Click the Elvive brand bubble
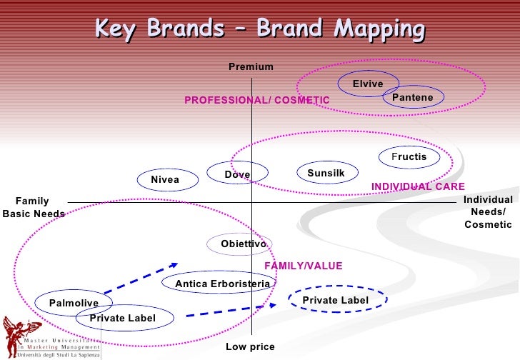368,84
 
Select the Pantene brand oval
413,97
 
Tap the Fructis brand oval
409,157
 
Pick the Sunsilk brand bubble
326,173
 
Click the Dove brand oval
238,174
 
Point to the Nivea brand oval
165,180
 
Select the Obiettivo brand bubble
244,244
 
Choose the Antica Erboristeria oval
222,284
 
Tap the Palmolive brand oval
74,304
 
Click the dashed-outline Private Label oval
336,301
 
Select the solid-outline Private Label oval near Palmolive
122,318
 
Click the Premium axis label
251,67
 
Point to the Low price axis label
250,347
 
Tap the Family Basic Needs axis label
33,208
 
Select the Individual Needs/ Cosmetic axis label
488,212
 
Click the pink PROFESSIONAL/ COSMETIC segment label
256,101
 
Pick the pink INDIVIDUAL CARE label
418,187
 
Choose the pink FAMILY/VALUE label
304,266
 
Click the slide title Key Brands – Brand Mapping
259,29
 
